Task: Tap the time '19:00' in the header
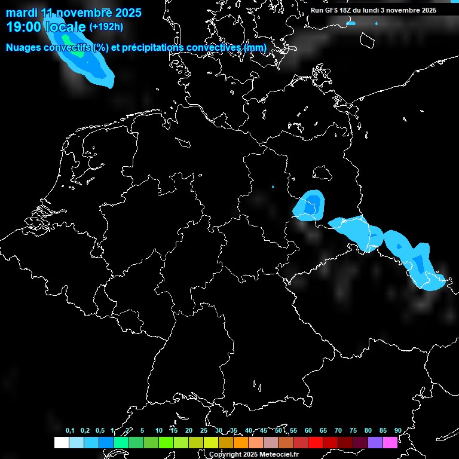[23, 27]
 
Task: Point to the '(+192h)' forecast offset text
[106, 27]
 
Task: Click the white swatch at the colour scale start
[61, 443]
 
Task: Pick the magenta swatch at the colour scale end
[390, 443]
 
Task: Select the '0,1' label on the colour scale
[70, 431]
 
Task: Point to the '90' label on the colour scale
[398, 431]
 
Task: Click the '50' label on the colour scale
[279, 431]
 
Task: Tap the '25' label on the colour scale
[204, 431]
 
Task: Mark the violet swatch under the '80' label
[375, 443]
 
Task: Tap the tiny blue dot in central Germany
[273, 186]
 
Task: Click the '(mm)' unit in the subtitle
[255, 48]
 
